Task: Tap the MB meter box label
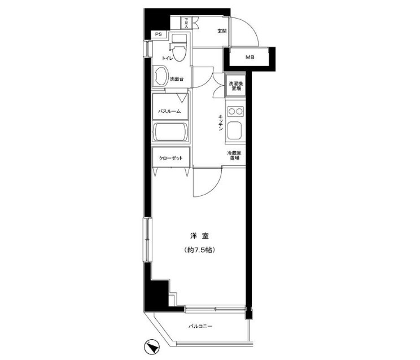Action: [249, 58]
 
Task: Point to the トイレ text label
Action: [168, 58]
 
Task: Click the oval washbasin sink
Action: [160, 77]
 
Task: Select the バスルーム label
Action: [169, 112]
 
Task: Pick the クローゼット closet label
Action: [170, 159]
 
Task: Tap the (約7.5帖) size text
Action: [200, 249]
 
